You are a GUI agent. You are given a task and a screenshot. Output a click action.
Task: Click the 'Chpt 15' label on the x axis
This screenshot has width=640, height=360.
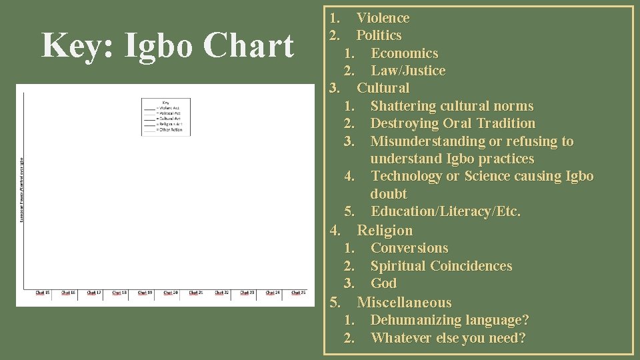click(x=43, y=293)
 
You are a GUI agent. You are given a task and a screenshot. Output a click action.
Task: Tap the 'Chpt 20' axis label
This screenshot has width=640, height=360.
click(x=171, y=293)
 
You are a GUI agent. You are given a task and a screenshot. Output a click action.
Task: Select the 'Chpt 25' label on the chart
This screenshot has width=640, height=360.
click(x=299, y=293)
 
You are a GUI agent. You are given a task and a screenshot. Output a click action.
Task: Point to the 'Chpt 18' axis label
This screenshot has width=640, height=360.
click(x=119, y=293)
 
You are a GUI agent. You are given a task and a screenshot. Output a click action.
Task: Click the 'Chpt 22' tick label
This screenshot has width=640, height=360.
click(x=222, y=293)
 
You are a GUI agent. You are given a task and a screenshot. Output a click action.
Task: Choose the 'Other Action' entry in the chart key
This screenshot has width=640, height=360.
click(x=169, y=129)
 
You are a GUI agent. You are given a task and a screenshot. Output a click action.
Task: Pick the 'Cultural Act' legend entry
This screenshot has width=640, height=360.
click(x=169, y=119)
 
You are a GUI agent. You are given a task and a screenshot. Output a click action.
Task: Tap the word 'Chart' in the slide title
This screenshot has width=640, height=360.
click(x=250, y=46)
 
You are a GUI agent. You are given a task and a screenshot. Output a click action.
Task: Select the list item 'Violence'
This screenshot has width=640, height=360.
click(x=383, y=18)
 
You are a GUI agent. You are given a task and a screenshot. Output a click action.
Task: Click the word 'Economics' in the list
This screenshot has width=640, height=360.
click(x=404, y=53)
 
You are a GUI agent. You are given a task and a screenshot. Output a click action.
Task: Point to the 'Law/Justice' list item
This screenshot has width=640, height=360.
click(x=408, y=71)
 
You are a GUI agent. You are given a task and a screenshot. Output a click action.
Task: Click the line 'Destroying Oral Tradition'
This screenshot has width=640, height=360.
click(x=452, y=123)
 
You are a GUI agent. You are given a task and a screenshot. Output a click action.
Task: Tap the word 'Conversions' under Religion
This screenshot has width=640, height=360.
click(x=409, y=248)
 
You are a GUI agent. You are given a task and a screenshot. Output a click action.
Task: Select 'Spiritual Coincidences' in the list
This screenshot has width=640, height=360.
click(x=441, y=266)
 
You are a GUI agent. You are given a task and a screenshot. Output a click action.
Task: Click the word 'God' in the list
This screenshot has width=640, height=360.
click(x=383, y=283)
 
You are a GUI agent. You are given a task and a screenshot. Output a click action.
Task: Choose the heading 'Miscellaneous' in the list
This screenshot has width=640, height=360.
click(x=404, y=302)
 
